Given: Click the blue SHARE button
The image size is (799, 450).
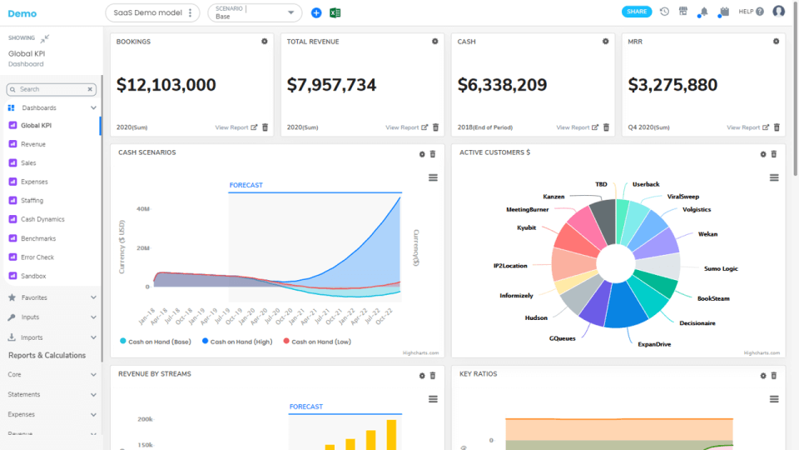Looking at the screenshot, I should pos(637,12).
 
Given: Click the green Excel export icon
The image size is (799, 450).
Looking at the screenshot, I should pos(335,12).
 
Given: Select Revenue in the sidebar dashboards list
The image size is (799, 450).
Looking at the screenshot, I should pos(33,144).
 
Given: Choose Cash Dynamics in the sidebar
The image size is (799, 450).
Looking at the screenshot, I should pos(42,219).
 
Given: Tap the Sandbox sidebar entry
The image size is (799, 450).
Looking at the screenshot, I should pos(33,276).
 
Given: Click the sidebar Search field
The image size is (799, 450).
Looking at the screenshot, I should pos(50,89).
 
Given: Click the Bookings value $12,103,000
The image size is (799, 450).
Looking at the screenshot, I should pos(166,85).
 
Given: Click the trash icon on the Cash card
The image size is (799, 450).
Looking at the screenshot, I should pos(606,127).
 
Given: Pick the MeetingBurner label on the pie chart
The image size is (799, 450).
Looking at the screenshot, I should pos(527,210).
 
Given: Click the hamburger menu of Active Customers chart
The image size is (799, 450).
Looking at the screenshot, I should pos(774,177).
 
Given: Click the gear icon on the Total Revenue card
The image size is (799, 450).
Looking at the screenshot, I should pos(434,41).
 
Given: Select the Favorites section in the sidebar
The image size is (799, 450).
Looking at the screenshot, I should pos(33,297).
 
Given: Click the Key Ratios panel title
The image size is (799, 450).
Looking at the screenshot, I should pos(478,374).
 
